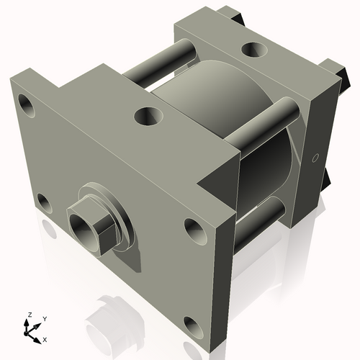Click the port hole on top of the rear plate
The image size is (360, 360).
pos(253,50)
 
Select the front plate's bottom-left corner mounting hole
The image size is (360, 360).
pos(44,202)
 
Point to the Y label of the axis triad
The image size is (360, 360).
pos(44,318)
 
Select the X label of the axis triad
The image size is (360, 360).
pos(45,338)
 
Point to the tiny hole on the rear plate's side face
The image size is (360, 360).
pos(315,158)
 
